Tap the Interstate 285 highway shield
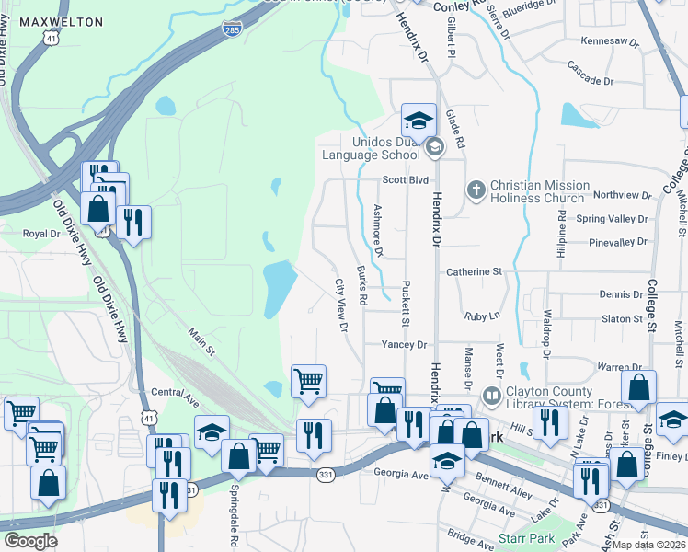tap(233, 30)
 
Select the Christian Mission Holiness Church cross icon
tap(476, 190)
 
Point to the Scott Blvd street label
tap(406, 180)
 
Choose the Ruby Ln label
tap(482, 316)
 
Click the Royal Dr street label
tap(40, 234)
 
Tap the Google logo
tap(30, 541)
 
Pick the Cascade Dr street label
tap(591, 81)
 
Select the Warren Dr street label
tap(618, 367)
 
